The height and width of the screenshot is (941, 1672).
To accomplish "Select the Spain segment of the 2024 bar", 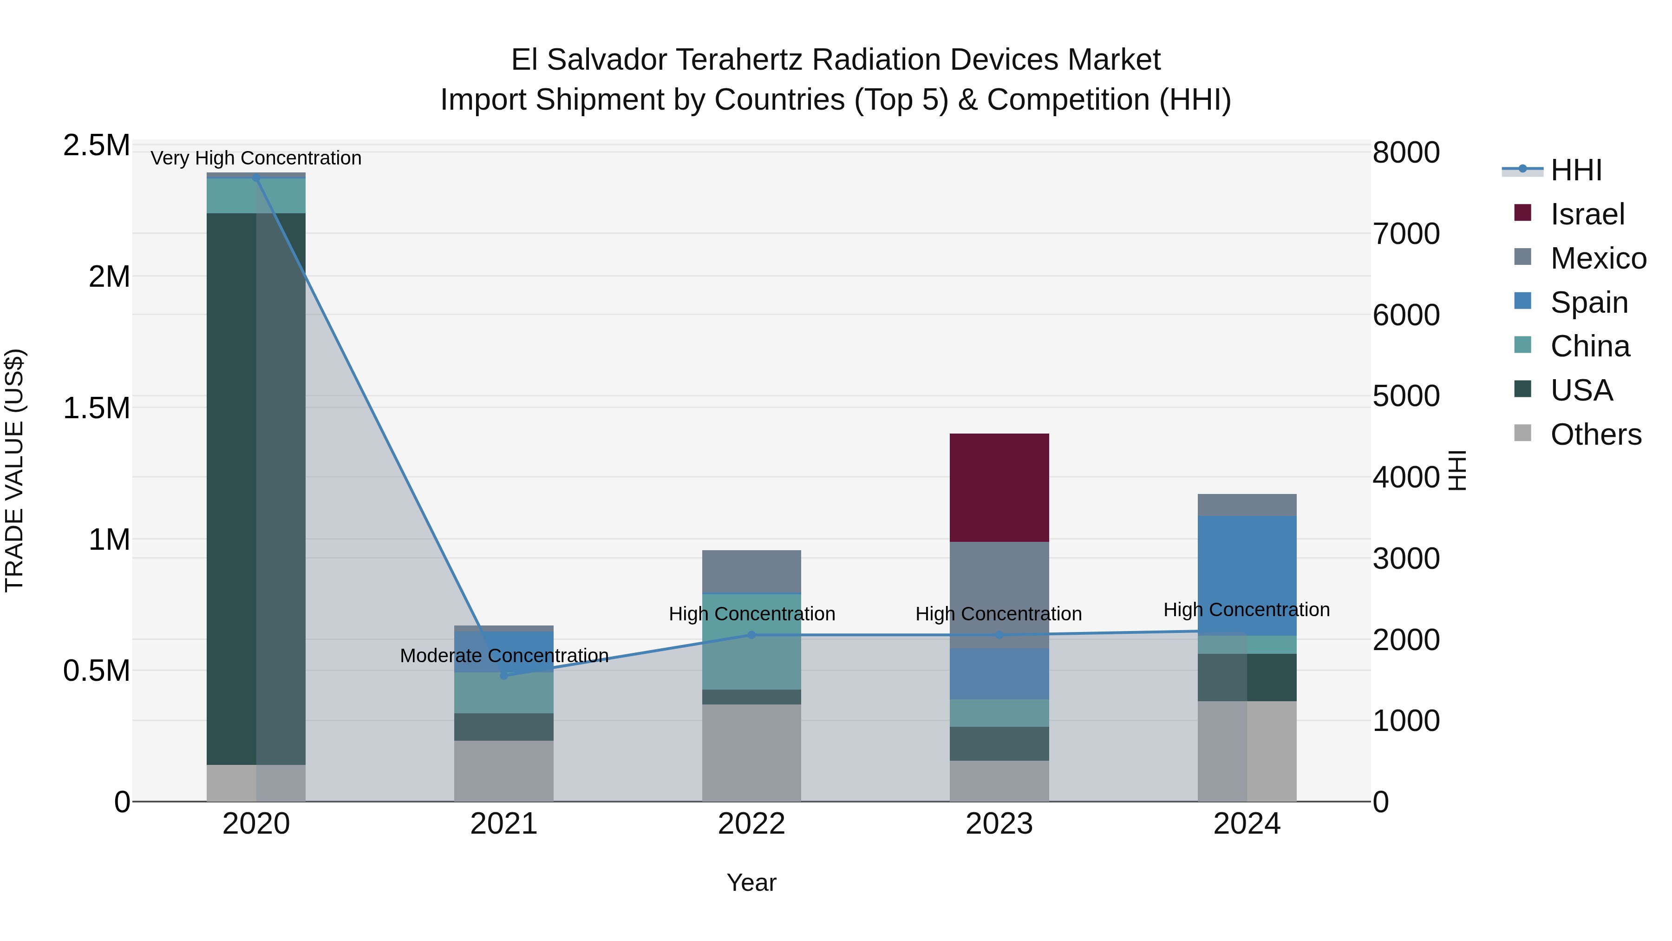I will [x=1247, y=575].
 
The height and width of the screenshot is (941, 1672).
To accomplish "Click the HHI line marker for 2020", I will [x=256, y=178].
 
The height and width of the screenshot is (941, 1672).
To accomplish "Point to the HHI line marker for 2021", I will [x=504, y=675].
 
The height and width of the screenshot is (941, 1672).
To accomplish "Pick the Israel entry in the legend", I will [x=1587, y=214].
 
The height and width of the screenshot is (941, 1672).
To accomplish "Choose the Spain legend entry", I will [x=1588, y=303].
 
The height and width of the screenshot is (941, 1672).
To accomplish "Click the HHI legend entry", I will [x=1576, y=170].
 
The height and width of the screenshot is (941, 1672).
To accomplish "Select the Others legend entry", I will [x=1595, y=434].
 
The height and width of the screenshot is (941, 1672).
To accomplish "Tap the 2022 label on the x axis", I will [x=751, y=824].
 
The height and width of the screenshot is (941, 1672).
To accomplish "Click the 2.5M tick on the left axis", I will [x=97, y=145].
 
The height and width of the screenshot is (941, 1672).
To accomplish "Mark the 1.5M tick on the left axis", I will [x=97, y=408].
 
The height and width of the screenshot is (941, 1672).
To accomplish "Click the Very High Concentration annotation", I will [x=256, y=158].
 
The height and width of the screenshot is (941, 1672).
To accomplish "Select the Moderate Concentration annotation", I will [x=504, y=655].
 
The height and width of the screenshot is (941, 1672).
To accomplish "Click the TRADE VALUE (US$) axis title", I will [x=14, y=470].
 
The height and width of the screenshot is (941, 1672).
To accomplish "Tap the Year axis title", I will [x=751, y=882].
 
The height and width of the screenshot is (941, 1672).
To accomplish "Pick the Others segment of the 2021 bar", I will [x=504, y=771].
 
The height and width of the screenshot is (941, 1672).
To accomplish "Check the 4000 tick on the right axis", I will [x=1406, y=477].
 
